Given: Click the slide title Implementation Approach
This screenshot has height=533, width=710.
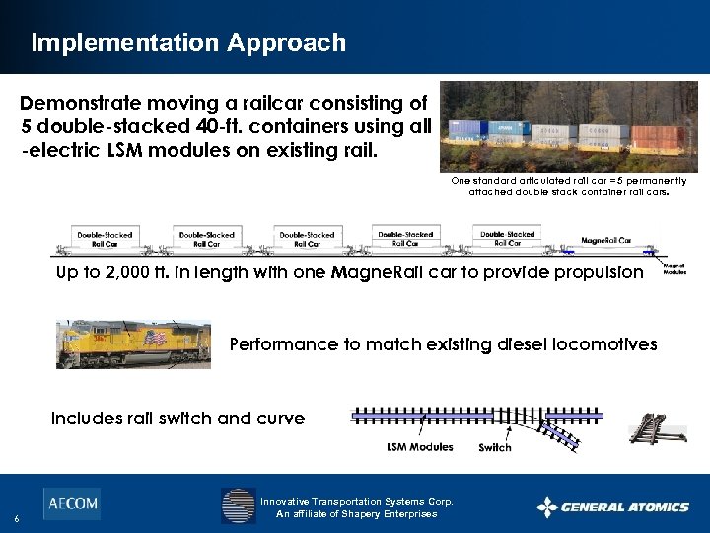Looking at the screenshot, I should [x=188, y=43].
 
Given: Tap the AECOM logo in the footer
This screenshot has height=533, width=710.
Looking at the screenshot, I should [x=71, y=503].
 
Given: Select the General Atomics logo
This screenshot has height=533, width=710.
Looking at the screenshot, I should [x=612, y=507].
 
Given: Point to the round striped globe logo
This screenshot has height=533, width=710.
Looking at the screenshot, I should [x=238, y=505].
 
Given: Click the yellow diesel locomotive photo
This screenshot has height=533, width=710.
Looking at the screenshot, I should [x=132, y=343].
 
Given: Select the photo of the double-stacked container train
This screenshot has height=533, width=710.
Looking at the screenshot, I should [x=568, y=127].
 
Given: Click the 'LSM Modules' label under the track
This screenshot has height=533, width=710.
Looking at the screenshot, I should [x=419, y=447].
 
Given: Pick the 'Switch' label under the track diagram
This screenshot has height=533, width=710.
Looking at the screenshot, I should [x=494, y=448].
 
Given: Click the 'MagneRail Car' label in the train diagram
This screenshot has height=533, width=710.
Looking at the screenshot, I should [x=607, y=240].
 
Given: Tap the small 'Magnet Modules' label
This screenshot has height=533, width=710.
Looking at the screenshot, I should [x=674, y=268].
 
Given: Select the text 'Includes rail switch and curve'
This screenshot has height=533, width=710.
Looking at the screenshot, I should [x=177, y=419].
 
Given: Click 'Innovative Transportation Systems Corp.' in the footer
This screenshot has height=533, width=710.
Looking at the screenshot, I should [x=356, y=501].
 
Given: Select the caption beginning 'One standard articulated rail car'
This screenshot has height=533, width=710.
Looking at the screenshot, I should [x=568, y=187].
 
